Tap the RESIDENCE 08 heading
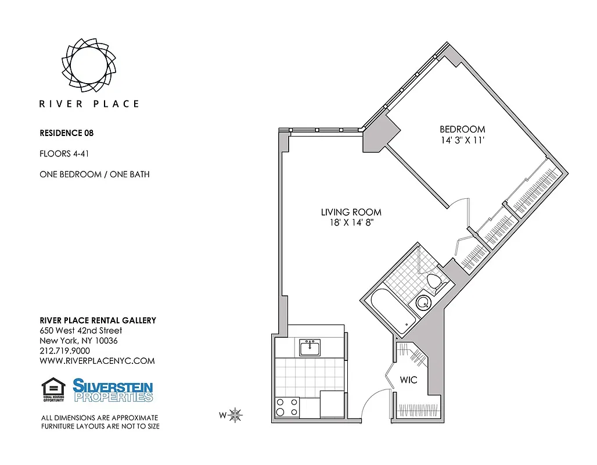pyautogui.click(x=66, y=133)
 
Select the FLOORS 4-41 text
pyautogui.click(x=63, y=154)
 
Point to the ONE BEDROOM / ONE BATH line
pyautogui.click(x=94, y=174)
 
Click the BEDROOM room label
pyautogui.click(x=462, y=129)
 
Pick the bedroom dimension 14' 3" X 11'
pyautogui.click(x=462, y=140)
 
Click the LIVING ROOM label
pyautogui.click(x=351, y=212)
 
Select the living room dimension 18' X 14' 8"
pyautogui.click(x=351, y=223)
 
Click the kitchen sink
pyautogui.click(x=310, y=348)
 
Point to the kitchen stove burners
pyautogui.click(x=287, y=407)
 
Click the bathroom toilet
pyautogui.click(x=434, y=282)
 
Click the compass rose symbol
pyautogui.click(x=235, y=415)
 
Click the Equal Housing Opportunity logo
pyautogui.click(x=53, y=389)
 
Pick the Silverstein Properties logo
pyautogui.click(x=113, y=389)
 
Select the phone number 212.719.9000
pyautogui.click(x=64, y=350)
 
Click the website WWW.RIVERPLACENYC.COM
pyautogui.click(x=97, y=361)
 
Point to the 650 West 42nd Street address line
pyautogui.click(x=81, y=331)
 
